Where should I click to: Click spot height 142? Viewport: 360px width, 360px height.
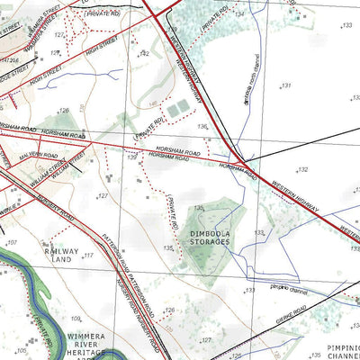(143, 54)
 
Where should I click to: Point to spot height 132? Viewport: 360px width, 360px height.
(302, 169)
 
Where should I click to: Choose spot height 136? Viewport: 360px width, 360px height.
(202, 127)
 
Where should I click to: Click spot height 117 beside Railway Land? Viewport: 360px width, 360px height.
(88, 256)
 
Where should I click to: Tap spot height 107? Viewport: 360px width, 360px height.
(13, 243)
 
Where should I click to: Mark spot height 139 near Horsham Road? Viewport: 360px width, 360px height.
(132, 157)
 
